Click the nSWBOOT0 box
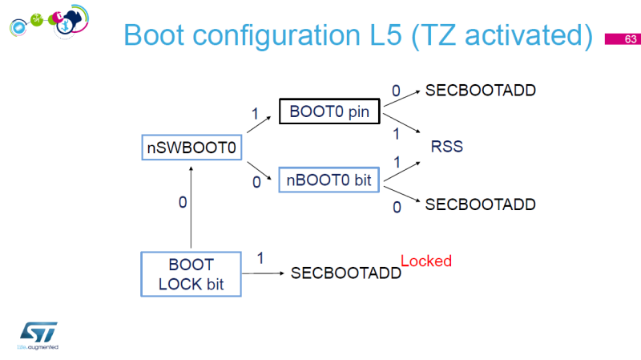(191, 147)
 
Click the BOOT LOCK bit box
(191, 273)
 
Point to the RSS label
(447, 148)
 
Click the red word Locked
(426, 261)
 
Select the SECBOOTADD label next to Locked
(345, 273)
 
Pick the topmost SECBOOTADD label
(480, 90)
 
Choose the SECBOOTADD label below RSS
(480, 204)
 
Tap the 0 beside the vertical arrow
(182, 203)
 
